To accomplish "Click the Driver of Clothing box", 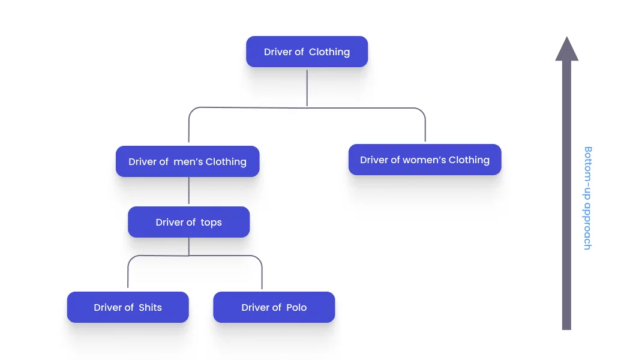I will coord(307,52).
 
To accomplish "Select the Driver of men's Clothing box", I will coord(187,161).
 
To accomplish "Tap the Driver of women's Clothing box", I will coord(424,160).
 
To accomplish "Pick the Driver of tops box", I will coord(188,222).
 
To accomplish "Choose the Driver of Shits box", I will coord(128,307).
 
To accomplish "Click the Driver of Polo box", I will coord(274,307).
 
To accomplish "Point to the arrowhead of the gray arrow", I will coord(566,49).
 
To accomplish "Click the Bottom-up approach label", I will coord(587,198).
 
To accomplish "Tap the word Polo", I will coord(296,307).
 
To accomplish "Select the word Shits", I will coord(150,307).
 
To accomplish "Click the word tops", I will coord(211,222).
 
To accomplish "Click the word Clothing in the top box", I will coord(329,52).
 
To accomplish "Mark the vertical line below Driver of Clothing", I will coord(307,87).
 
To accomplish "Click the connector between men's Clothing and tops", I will coord(189,191).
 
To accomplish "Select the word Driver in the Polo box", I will coord(256,307).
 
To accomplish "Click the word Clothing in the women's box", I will coord(469,160).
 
